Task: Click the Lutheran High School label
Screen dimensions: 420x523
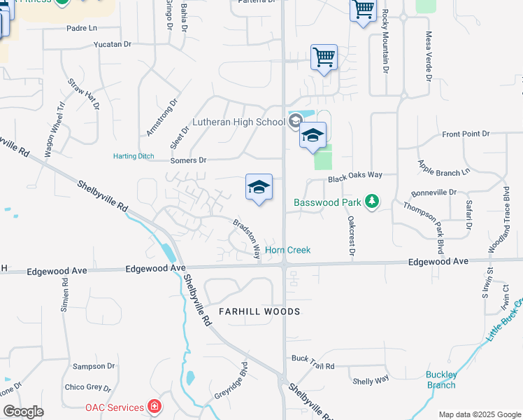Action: [x=238, y=122]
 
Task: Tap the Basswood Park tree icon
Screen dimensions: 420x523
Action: [x=373, y=202]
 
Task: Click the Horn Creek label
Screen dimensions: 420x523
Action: [x=287, y=250]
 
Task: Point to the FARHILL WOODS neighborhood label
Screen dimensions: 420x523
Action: [x=259, y=311]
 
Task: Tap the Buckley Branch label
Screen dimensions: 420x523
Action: [x=441, y=379]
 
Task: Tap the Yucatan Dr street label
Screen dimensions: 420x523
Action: [x=113, y=44]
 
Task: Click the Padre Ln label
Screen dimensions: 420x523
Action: [x=82, y=28]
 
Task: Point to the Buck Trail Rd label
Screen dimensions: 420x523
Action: [x=313, y=366]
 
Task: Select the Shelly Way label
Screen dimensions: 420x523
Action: [x=371, y=380]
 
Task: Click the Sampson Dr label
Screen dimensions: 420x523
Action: [x=94, y=366]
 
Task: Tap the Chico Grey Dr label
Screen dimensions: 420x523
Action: [x=87, y=387]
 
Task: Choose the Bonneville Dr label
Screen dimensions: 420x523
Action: [x=434, y=192]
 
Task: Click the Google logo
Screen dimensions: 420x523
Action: [x=23, y=412]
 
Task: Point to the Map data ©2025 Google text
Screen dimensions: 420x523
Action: [x=480, y=414]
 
